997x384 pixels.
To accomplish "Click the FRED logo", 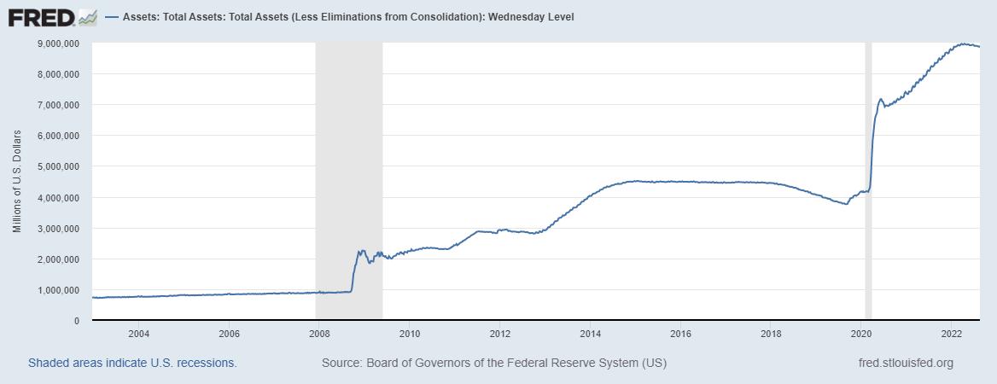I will (52, 16).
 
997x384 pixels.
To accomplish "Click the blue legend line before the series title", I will (112, 17).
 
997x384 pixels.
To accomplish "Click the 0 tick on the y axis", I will (77, 321).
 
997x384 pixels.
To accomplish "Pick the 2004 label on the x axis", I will (138, 333).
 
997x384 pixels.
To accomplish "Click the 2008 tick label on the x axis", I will (318, 333).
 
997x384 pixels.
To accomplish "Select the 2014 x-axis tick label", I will (590, 333).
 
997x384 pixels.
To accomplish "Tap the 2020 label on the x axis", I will (862, 333).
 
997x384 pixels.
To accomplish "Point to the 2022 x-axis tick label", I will (952, 333).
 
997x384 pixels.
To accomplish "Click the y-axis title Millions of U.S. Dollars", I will (17, 182).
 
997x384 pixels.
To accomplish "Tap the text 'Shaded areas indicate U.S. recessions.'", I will (132, 363).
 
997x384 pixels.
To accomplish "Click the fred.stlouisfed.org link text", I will (905, 363).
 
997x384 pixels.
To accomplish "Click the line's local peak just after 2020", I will (880, 99).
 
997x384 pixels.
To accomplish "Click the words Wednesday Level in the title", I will (535, 17).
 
